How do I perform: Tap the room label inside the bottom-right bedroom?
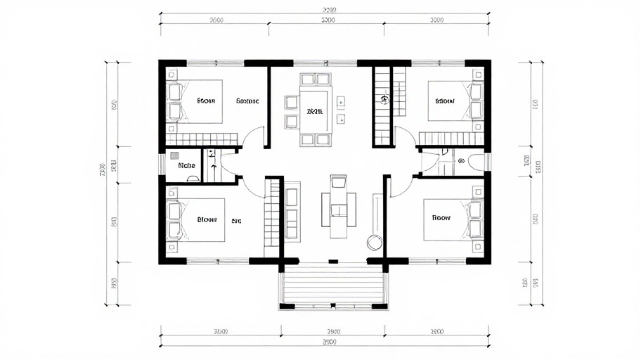tap(441, 218)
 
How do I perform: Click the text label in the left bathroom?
tap(186, 166)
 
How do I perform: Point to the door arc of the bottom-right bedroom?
tap(401, 187)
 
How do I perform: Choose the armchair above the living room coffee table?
tap(338, 183)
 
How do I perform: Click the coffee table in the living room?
tap(338, 210)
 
